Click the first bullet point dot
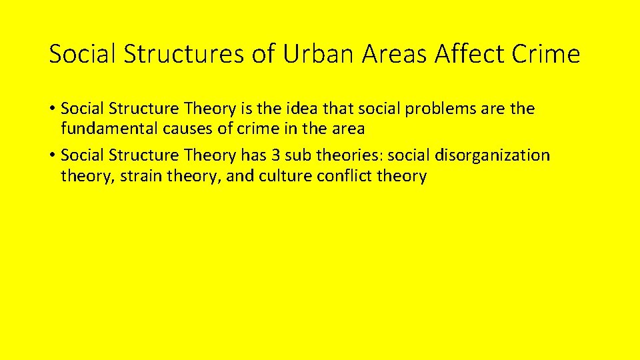52,109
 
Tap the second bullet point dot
52,156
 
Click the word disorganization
493,156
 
